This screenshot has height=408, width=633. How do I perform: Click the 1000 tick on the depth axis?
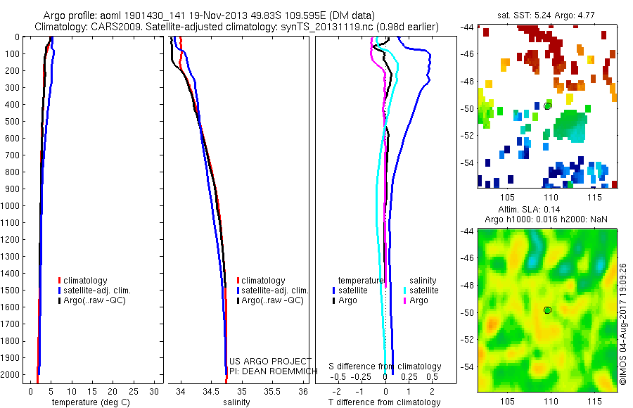(x=13, y=206)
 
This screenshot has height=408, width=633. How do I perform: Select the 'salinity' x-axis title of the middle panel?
(x=237, y=402)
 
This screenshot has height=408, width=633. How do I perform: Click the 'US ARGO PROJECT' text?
(x=270, y=362)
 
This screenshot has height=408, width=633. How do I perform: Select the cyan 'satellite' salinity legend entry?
(x=423, y=291)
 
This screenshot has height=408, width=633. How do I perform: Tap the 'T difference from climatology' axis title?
(x=385, y=402)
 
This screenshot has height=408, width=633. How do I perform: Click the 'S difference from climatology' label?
(x=385, y=367)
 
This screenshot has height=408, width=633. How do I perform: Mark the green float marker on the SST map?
(x=547, y=106)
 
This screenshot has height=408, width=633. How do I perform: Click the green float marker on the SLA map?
(x=547, y=310)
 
